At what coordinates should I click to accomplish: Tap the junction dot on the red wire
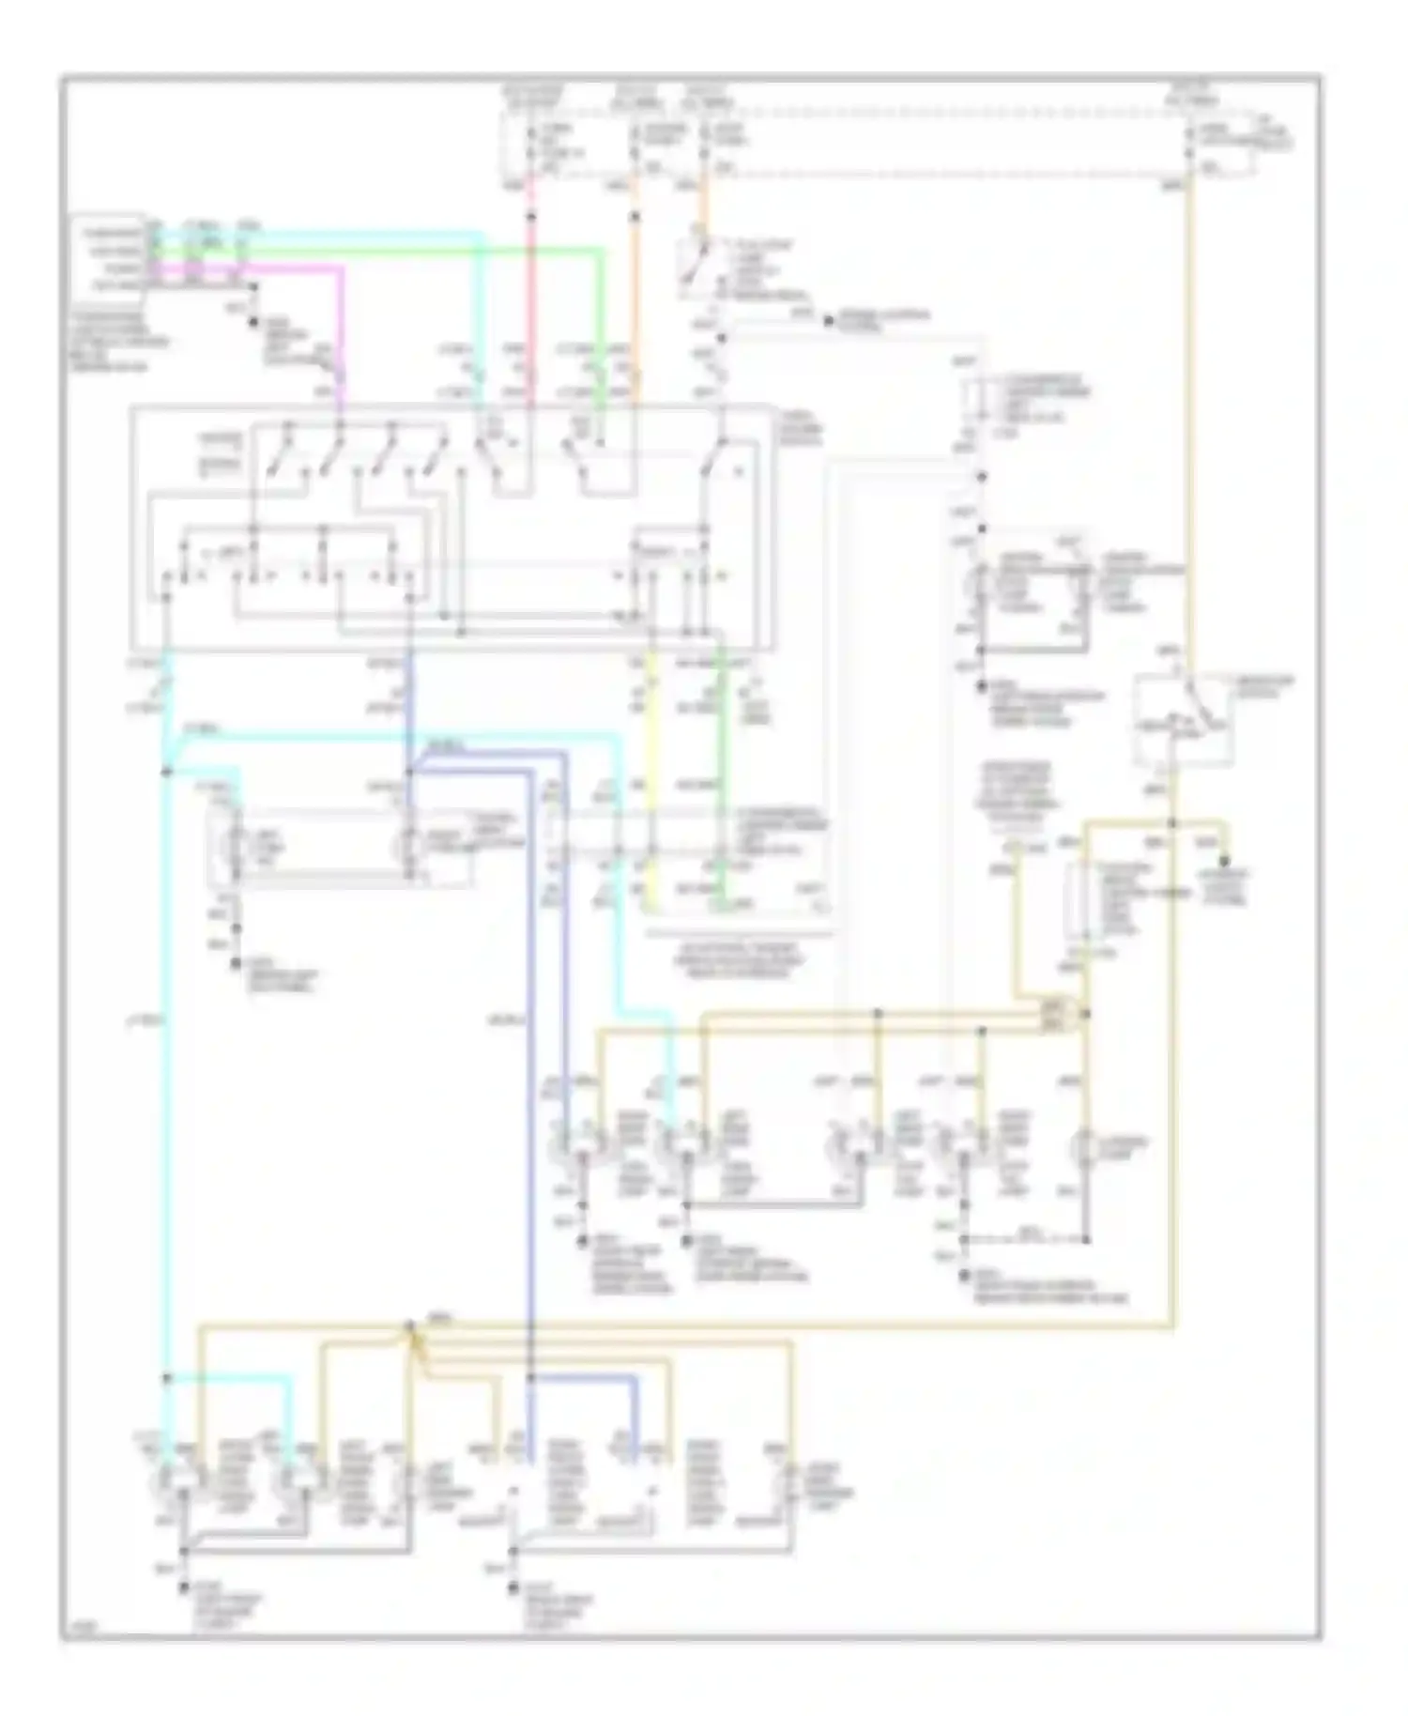(531, 218)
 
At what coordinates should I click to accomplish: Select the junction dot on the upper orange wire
(635, 218)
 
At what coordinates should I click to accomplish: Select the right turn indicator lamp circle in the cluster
(410, 846)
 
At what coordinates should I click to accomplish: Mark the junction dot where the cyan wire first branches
(166, 772)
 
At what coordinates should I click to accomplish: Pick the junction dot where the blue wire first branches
(410, 772)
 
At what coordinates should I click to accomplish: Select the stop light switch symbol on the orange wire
(696, 263)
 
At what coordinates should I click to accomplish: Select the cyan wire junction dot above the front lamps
(166, 1377)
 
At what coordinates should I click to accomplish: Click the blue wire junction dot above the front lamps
(530, 1377)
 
